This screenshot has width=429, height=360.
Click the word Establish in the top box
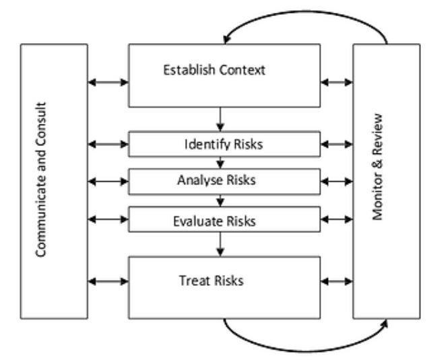pyautogui.click(x=189, y=70)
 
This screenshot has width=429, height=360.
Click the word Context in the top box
pyautogui.click(x=242, y=70)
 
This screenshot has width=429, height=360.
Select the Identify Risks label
pyautogui.click(x=224, y=144)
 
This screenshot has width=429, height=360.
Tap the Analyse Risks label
pyautogui.click(x=216, y=180)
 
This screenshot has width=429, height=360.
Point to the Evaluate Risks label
pyautogui.click(x=214, y=221)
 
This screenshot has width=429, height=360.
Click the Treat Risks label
pyautogui.click(x=211, y=281)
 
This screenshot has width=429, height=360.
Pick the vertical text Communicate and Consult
pyautogui.click(x=41, y=180)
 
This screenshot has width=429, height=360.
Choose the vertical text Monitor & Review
pyautogui.click(x=378, y=167)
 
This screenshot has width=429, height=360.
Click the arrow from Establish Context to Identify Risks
pyautogui.click(x=220, y=119)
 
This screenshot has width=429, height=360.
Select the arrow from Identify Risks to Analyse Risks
pyautogui.click(x=220, y=163)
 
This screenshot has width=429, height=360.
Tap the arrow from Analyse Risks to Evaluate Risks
pyautogui.click(x=220, y=201)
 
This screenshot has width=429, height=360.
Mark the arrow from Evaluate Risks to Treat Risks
pyautogui.click(x=220, y=244)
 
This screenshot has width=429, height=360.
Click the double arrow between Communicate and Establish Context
pyautogui.click(x=108, y=82)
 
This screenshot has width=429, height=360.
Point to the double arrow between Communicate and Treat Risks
pyautogui.click(x=108, y=281)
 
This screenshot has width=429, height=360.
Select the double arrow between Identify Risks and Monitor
pyautogui.click(x=337, y=144)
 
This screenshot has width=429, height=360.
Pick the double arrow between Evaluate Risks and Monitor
pyautogui.click(x=337, y=219)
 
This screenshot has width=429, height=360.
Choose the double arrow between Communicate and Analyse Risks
pyautogui.click(x=108, y=182)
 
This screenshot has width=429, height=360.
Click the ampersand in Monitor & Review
pyautogui.click(x=378, y=164)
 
